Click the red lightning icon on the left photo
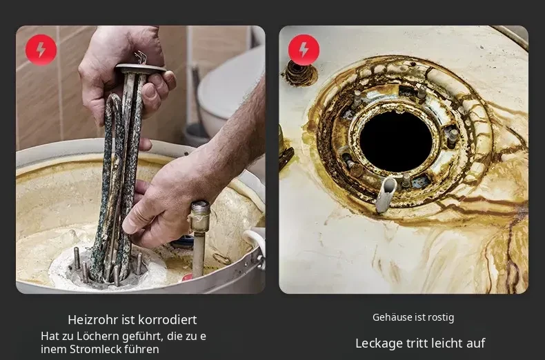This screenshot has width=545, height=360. pyautogui.click(x=41, y=50)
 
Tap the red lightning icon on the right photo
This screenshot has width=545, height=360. pyautogui.click(x=304, y=50)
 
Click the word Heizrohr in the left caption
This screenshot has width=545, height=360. pyautogui.click(x=92, y=320)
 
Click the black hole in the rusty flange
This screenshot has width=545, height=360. pyautogui.click(x=396, y=141)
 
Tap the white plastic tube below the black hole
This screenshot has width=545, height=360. pyautogui.click(x=386, y=194)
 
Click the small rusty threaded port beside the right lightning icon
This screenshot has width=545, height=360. pyautogui.click(x=301, y=73)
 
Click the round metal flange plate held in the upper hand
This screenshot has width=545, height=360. pyautogui.click(x=141, y=68)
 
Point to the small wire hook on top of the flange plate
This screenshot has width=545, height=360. pyautogui.click(x=141, y=57)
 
